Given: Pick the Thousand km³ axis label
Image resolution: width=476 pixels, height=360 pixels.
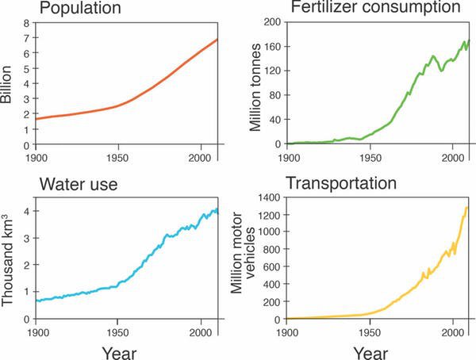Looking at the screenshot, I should click(9, 261).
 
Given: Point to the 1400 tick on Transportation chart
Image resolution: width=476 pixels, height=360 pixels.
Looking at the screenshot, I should click(267, 197).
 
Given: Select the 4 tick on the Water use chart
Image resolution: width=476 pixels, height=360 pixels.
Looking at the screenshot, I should click(26, 211).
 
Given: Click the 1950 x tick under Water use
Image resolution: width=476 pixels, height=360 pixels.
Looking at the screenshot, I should click(118, 329).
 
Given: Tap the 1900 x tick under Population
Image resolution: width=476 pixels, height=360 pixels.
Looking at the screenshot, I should click(36, 155).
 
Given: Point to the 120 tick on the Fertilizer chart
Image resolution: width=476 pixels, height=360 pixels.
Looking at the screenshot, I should click(270, 71).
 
